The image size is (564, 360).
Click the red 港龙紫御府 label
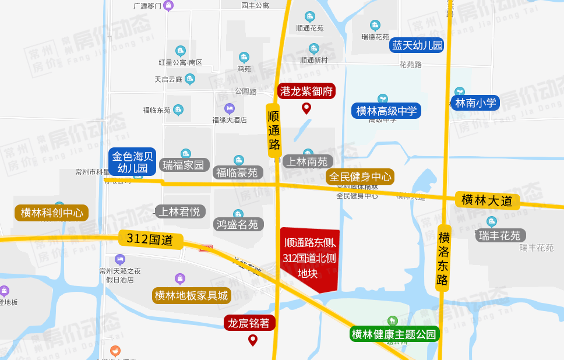(306, 91)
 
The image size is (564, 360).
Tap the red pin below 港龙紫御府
(306, 108)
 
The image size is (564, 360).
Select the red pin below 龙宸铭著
(253, 340)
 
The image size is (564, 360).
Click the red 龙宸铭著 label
(249, 323)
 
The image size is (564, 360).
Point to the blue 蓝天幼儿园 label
(417, 45)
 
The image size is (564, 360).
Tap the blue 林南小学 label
(475, 103)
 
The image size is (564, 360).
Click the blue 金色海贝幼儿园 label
(132, 162)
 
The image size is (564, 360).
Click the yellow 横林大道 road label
(487, 200)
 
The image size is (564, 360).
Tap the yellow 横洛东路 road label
(443, 258)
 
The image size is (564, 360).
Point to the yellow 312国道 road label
(150, 238)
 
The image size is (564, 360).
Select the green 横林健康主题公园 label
(394, 334)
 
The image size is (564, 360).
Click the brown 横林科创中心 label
(52, 213)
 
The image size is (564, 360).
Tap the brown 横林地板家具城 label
(192, 295)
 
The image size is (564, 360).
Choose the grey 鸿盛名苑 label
(238, 224)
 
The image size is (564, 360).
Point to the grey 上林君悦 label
(180, 211)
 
